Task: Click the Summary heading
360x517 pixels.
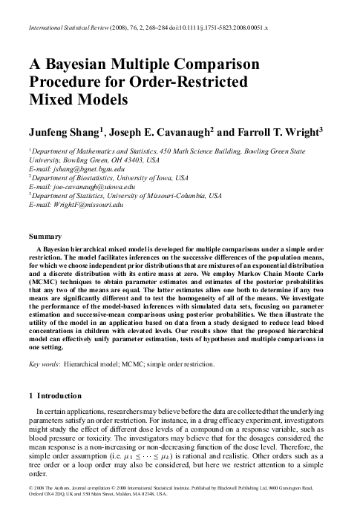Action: point(42,237)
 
